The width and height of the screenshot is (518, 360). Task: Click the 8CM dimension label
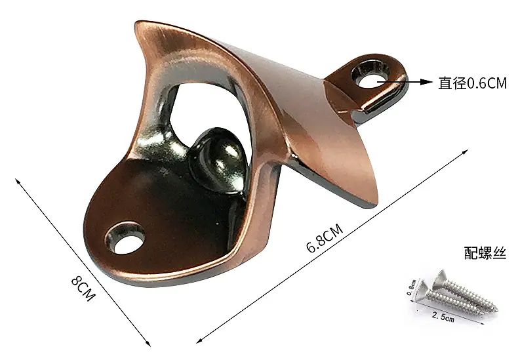coord(83,289)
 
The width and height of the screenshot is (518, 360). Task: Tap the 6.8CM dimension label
coord(325,238)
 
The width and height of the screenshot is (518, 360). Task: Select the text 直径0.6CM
coord(472,83)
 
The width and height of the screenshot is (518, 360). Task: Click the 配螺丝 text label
coord(485,253)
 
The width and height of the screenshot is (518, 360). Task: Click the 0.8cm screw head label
coord(411,287)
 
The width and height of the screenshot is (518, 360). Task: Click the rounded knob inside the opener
coord(220,159)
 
